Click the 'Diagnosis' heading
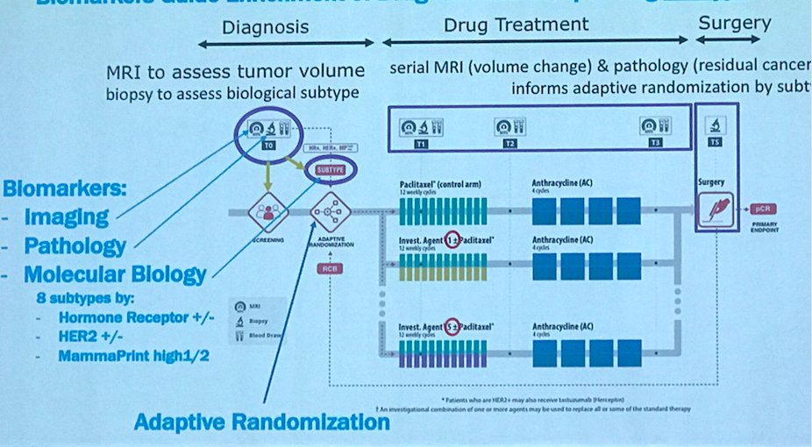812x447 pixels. click(265, 27)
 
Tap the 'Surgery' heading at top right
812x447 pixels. click(734, 24)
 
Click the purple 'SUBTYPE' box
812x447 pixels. click(324, 168)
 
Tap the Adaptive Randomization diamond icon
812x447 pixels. click(325, 211)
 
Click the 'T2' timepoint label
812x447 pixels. click(509, 142)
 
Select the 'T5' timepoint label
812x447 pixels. click(716, 142)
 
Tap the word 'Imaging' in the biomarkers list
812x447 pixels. click(67, 216)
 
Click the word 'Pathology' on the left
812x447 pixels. click(75, 246)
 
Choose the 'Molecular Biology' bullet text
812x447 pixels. click(115, 275)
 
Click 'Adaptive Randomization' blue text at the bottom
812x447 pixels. click(261, 422)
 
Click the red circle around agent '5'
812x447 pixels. click(452, 329)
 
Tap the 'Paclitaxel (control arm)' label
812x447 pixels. click(439, 185)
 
